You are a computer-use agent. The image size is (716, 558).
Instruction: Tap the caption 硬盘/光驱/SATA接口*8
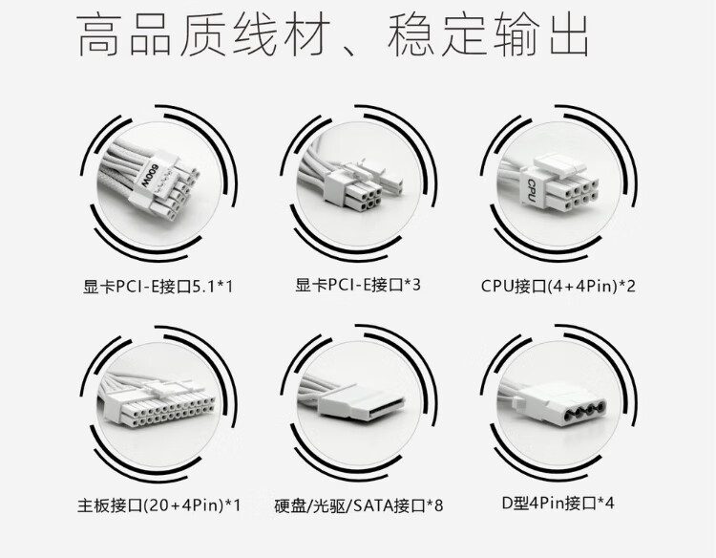tap(358, 502)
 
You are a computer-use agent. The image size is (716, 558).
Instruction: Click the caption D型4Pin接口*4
tap(557, 502)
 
